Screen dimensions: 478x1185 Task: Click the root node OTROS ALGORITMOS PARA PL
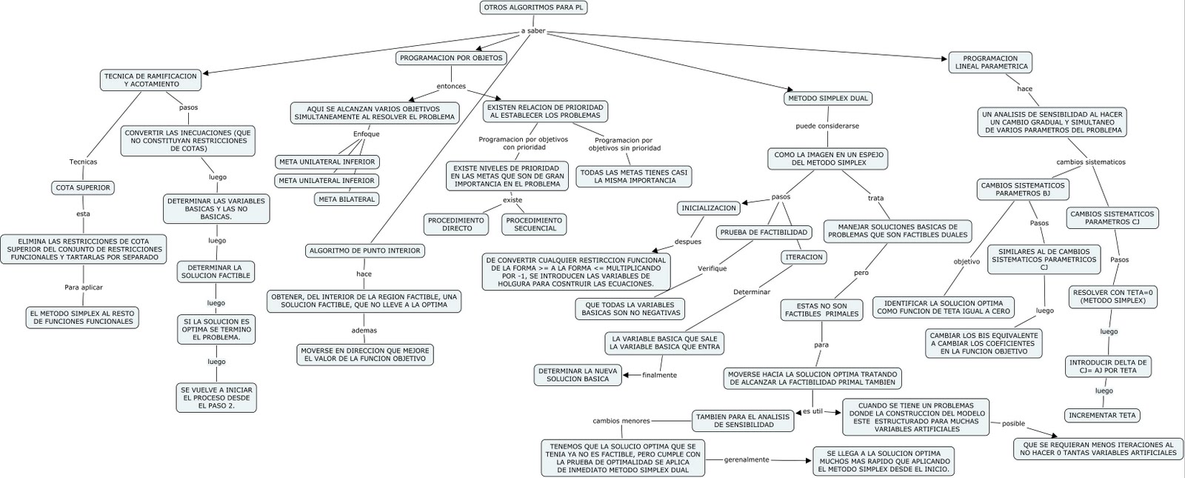click(x=527, y=8)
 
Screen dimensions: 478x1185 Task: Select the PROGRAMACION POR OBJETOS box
click(x=451, y=58)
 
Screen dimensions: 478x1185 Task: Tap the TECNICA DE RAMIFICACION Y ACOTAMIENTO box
click(x=151, y=80)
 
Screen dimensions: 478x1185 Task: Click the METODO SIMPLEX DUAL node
click(x=827, y=98)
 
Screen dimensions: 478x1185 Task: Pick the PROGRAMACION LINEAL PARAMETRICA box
click(x=991, y=62)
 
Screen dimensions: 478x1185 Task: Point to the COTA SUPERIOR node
click(x=83, y=187)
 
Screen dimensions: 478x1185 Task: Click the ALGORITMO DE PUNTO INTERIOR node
click(x=364, y=250)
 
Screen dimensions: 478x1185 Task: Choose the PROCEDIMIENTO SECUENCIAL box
click(x=535, y=224)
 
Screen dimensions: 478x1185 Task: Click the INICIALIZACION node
click(x=709, y=208)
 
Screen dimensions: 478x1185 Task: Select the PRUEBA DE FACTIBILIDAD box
click(x=764, y=233)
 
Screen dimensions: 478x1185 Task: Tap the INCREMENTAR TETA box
click(x=1102, y=415)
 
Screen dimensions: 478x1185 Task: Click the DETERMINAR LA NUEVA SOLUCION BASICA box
click(x=578, y=375)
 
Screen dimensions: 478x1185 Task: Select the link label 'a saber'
click(x=533, y=31)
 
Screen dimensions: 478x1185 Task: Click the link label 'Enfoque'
click(x=366, y=134)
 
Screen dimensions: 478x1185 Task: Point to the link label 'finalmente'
click(x=659, y=375)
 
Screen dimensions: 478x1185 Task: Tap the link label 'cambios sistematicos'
click(x=1090, y=162)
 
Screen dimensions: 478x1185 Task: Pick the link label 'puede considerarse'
click(x=827, y=126)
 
